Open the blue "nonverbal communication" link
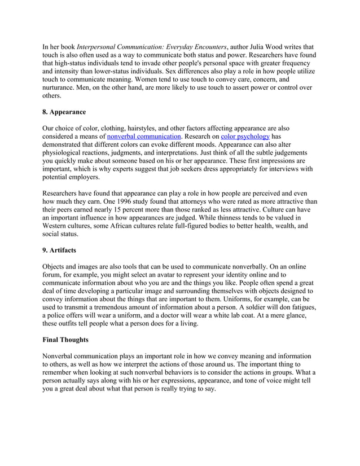pos(144,136)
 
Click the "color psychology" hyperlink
pos(245,136)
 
